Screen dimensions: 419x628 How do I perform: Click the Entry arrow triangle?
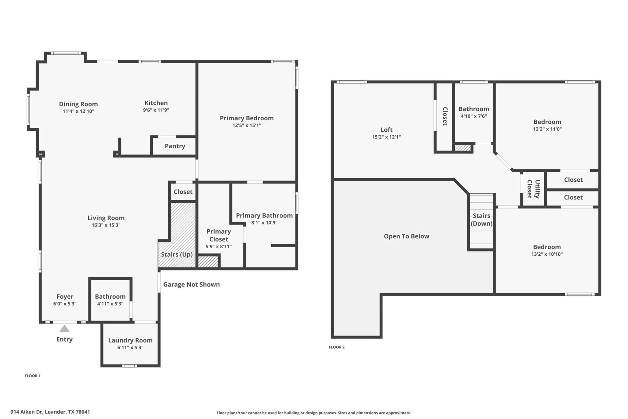[x=64, y=329]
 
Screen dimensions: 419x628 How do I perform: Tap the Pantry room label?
[x=175, y=146]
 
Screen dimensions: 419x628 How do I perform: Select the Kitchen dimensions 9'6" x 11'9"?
[x=156, y=110]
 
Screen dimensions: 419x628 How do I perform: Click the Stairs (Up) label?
[x=177, y=254]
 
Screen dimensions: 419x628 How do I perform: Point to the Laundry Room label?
[x=130, y=340]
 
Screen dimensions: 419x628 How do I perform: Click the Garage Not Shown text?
[x=191, y=285]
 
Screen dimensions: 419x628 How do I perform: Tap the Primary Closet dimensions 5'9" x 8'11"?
[x=219, y=246]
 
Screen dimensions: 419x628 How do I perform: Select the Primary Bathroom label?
[x=264, y=215]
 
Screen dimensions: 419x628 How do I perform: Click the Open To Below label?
[x=406, y=236]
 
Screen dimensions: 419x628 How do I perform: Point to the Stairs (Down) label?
[x=481, y=219]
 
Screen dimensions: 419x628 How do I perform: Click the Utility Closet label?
[x=533, y=189]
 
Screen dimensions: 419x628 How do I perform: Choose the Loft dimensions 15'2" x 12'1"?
[x=386, y=137]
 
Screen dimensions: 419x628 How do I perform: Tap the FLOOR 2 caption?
[x=337, y=347]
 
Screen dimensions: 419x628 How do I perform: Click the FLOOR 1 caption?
[x=33, y=376]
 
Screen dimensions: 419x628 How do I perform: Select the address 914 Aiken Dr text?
[x=50, y=412]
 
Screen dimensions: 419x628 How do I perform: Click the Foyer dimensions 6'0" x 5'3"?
[x=65, y=304]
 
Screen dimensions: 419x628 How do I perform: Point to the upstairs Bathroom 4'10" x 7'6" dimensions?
[x=474, y=116]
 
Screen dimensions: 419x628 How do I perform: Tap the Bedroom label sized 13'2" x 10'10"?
[x=547, y=247]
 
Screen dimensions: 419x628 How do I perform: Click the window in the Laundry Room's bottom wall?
[x=129, y=366]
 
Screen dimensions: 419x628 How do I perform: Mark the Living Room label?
[x=106, y=218]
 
